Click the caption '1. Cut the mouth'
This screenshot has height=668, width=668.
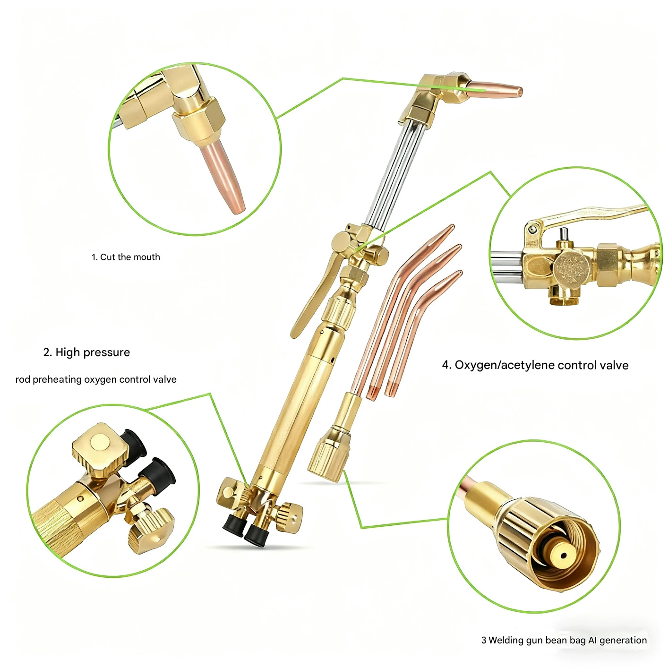coord(126,257)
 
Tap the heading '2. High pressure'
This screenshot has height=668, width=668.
coord(86,352)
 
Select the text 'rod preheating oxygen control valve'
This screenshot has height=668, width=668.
coord(96,379)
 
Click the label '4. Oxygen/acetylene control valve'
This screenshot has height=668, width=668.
coord(535,365)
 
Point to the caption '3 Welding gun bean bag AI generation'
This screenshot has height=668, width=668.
coord(564,640)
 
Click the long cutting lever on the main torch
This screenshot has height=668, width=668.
coord(314,295)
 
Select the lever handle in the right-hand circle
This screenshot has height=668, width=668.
coord(586,215)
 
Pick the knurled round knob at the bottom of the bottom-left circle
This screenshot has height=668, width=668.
coord(151,531)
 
